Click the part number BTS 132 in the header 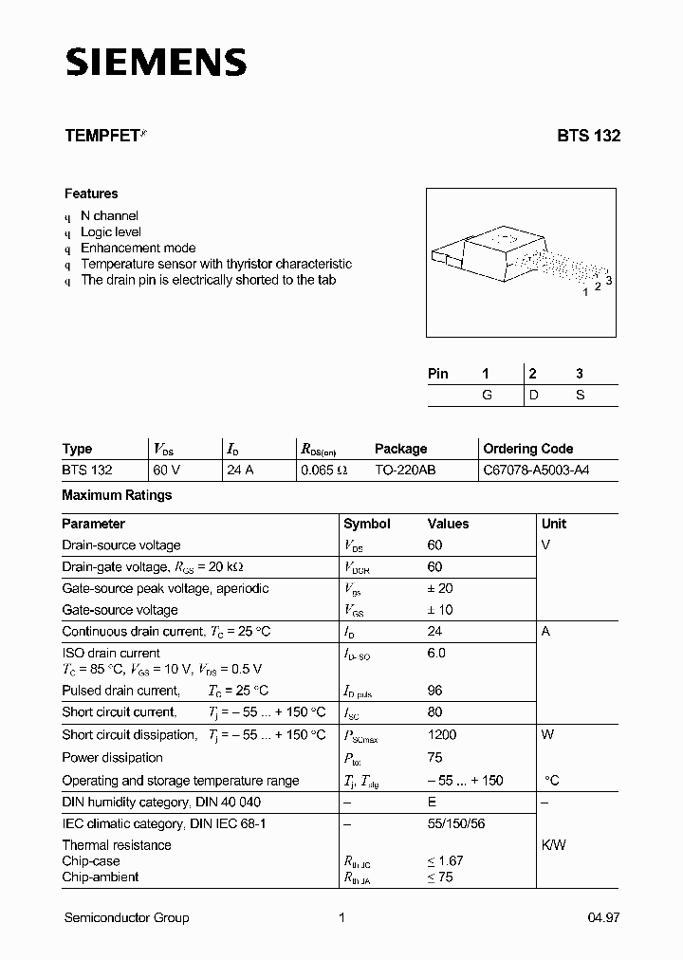pyautogui.click(x=588, y=136)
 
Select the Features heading pyautogui.click(x=91, y=194)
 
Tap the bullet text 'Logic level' pyautogui.click(x=111, y=231)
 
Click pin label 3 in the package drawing pyautogui.click(x=609, y=280)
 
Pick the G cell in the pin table pyautogui.click(x=487, y=396)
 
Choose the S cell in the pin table pyautogui.click(x=580, y=396)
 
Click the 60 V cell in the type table pyautogui.click(x=166, y=471)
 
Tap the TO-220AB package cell pyautogui.click(x=405, y=471)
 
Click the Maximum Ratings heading pyautogui.click(x=117, y=495)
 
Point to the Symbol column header pyautogui.click(x=366, y=524)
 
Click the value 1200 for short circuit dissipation pyautogui.click(x=442, y=735)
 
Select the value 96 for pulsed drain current pyautogui.click(x=435, y=691)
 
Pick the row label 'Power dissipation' pyautogui.click(x=112, y=758)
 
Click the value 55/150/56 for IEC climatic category pyautogui.click(x=456, y=824)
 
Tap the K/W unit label pyautogui.click(x=553, y=845)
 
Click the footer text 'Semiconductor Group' pyautogui.click(x=126, y=917)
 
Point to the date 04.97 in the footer pyautogui.click(x=604, y=917)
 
